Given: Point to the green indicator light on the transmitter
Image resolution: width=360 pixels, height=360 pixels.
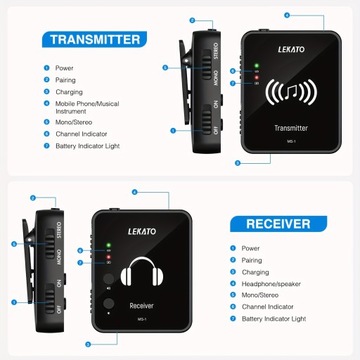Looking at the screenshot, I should click(257, 67).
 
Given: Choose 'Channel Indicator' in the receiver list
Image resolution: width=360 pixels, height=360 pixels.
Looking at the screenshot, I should click(267, 307).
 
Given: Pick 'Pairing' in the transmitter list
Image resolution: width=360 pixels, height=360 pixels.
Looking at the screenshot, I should click(65, 80).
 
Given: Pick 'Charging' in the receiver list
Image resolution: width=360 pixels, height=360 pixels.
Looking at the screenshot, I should click(256, 271).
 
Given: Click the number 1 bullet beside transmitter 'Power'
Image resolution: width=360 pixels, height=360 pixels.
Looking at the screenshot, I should click(45, 69).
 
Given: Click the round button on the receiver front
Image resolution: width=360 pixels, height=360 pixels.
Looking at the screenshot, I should click(107, 300).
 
